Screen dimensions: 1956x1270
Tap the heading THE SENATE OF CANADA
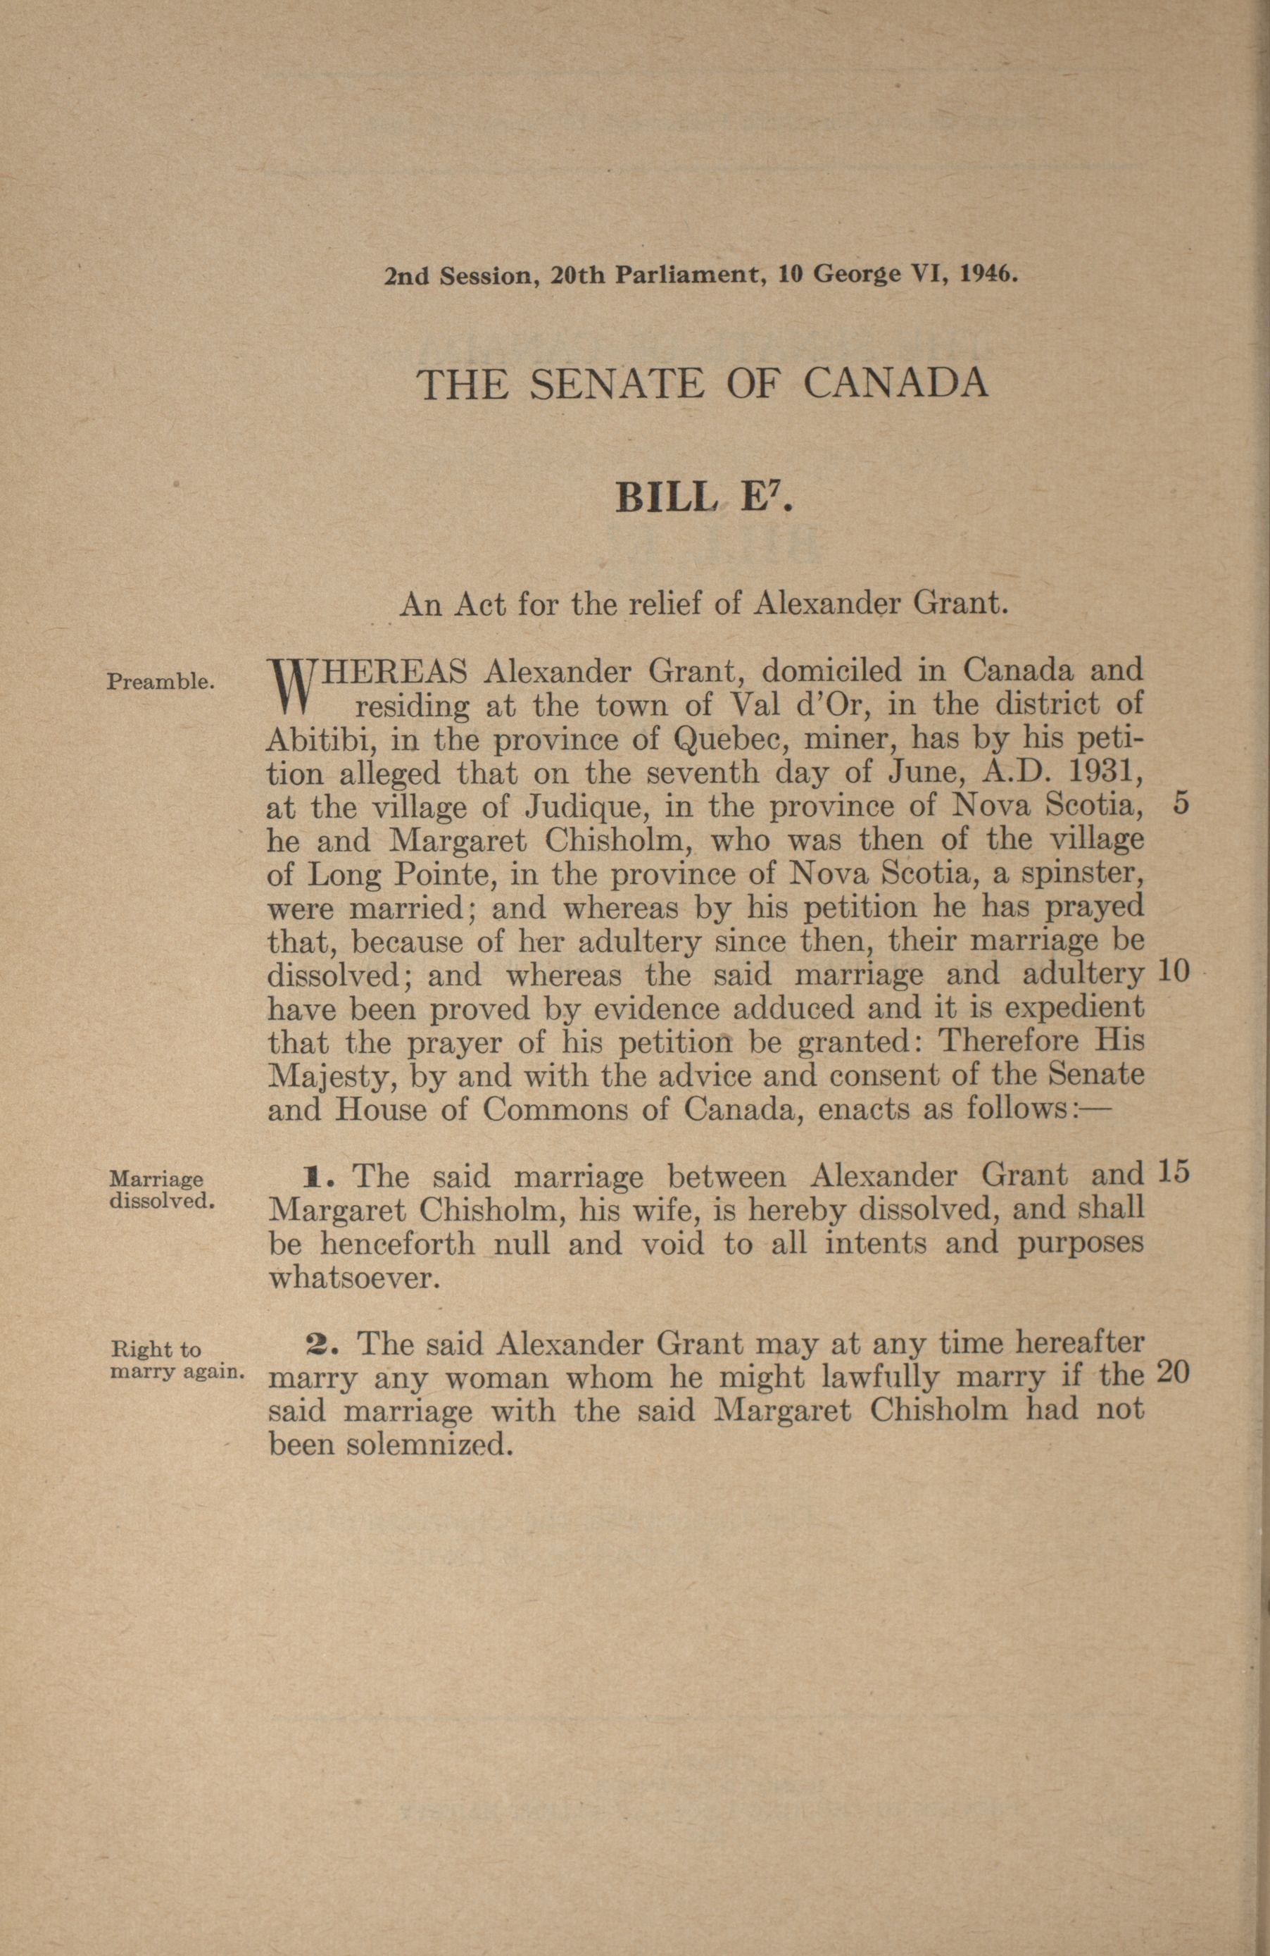click(x=703, y=384)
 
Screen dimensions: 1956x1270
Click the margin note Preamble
click(x=161, y=681)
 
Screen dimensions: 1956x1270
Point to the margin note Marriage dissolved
click(x=162, y=1189)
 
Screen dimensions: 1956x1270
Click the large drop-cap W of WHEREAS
click(x=287, y=686)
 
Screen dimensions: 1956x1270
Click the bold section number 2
click(x=317, y=1344)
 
